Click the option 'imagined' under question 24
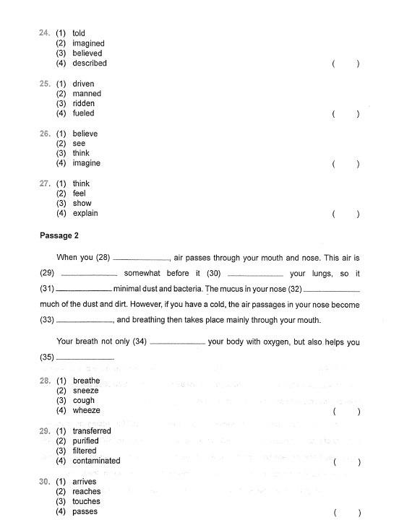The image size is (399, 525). [x=88, y=43]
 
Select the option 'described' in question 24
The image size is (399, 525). [x=90, y=63]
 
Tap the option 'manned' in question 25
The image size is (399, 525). [x=87, y=93]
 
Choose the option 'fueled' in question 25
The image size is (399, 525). [x=83, y=113]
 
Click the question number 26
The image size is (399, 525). [x=44, y=134]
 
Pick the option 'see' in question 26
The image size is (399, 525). [x=79, y=144]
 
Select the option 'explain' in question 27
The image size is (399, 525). [x=85, y=213]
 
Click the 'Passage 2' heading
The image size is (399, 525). [x=59, y=235]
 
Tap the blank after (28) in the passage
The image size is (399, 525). [x=142, y=258]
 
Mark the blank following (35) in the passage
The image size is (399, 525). [x=85, y=358]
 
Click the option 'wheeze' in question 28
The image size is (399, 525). [x=86, y=410]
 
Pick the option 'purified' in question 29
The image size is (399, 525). [x=87, y=441]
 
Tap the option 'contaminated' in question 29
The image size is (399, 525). [x=96, y=461]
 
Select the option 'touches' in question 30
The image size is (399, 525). [x=86, y=501]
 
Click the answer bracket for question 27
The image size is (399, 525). [x=346, y=214]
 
